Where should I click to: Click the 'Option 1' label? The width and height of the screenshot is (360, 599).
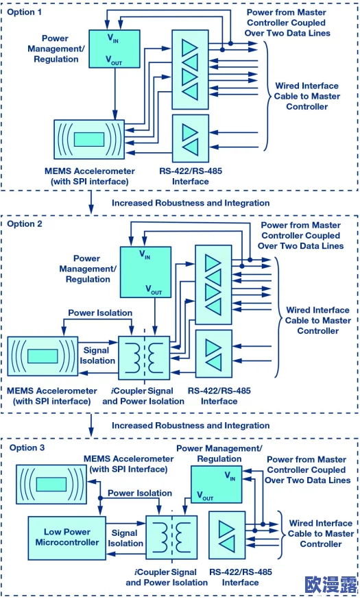[24, 12]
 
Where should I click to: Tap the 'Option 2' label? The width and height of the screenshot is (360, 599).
[25, 223]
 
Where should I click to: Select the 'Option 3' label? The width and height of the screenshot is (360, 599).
[27, 448]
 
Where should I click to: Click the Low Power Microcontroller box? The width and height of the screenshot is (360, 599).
[67, 538]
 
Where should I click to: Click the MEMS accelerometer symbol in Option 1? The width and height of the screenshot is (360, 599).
[89, 139]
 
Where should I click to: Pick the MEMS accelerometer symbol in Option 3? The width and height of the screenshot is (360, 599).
[51, 485]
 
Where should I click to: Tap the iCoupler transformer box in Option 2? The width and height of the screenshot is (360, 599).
[144, 358]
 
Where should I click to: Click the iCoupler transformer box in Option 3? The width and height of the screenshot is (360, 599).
[172, 538]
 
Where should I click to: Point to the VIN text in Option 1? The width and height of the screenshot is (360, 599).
[112, 38]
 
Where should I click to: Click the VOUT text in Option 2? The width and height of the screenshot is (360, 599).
[154, 290]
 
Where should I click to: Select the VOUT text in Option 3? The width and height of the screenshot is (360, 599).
[205, 496]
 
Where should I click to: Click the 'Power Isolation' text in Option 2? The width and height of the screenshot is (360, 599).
[100, 313]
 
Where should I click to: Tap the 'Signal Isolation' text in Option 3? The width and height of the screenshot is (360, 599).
[125, 538]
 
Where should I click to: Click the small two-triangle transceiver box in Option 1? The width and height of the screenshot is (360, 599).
[191, 138]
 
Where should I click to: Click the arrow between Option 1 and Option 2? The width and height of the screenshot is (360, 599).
[91, 201]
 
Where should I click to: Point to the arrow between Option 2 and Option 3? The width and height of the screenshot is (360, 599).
[91, 424]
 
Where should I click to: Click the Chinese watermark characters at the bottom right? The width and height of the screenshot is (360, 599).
[331, 585]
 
